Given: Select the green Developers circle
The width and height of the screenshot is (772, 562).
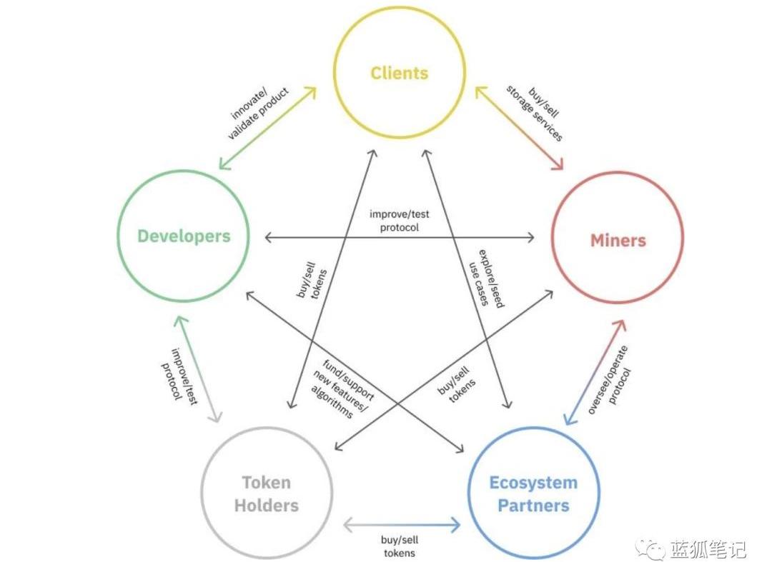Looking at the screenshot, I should click(x=184, y=236).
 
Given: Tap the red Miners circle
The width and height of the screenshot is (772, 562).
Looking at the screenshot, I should click(x=617, y=239).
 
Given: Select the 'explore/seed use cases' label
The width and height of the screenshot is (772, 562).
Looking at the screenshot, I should click(x=485, y=278).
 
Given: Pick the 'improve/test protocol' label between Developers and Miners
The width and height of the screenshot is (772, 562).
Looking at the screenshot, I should click(x=399, y=220).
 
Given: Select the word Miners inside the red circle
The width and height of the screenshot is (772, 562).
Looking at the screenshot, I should click(x=618, y=240).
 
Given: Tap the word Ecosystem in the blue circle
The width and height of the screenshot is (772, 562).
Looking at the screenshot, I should click(x=533, y=483).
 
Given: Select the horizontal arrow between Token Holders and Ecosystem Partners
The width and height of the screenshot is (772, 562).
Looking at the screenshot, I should click(x=401, y=526).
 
